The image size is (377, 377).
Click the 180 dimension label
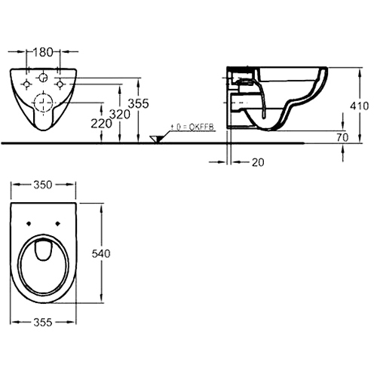point(43,52)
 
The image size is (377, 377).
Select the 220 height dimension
point(101,124)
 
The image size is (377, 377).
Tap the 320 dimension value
point(120,115)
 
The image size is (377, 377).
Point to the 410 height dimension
point(360,106)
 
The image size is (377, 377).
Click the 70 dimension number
point(342,137)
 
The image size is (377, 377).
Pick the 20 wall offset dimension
point(258,163)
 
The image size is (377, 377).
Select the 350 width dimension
point(43,185)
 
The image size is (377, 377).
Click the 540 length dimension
point(101,254)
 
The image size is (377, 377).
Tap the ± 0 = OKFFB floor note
point(192,127)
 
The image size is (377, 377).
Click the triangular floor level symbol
point(156,139)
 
